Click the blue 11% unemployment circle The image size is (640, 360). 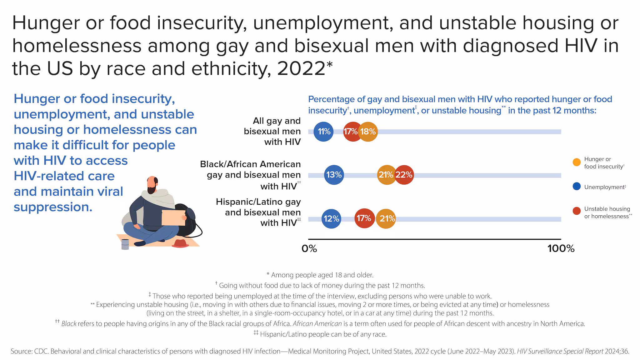click(323, 132)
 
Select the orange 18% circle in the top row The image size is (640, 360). click(368, 132)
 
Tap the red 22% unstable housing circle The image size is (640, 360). click(404, 175)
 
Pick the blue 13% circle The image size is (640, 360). click(334, 175)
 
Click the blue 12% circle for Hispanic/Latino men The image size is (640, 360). click(331, 219)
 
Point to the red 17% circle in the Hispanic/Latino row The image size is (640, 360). click(364, 218)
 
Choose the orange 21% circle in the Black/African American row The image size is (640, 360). click(386, 175)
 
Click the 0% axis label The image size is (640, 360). click(309, 249)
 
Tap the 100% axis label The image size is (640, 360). click(561, 249)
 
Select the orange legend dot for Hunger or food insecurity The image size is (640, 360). click(577, 162)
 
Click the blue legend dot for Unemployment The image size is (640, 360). click(577, 187)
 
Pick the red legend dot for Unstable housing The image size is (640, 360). click(577, 211)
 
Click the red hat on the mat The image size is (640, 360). click(180, 244)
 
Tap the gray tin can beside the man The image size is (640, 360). click(125, 244)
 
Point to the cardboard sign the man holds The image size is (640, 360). click(173, 217)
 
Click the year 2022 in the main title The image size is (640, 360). click(301, 68)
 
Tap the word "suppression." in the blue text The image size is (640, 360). click(53, 207)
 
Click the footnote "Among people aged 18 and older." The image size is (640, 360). click(320, 275)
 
